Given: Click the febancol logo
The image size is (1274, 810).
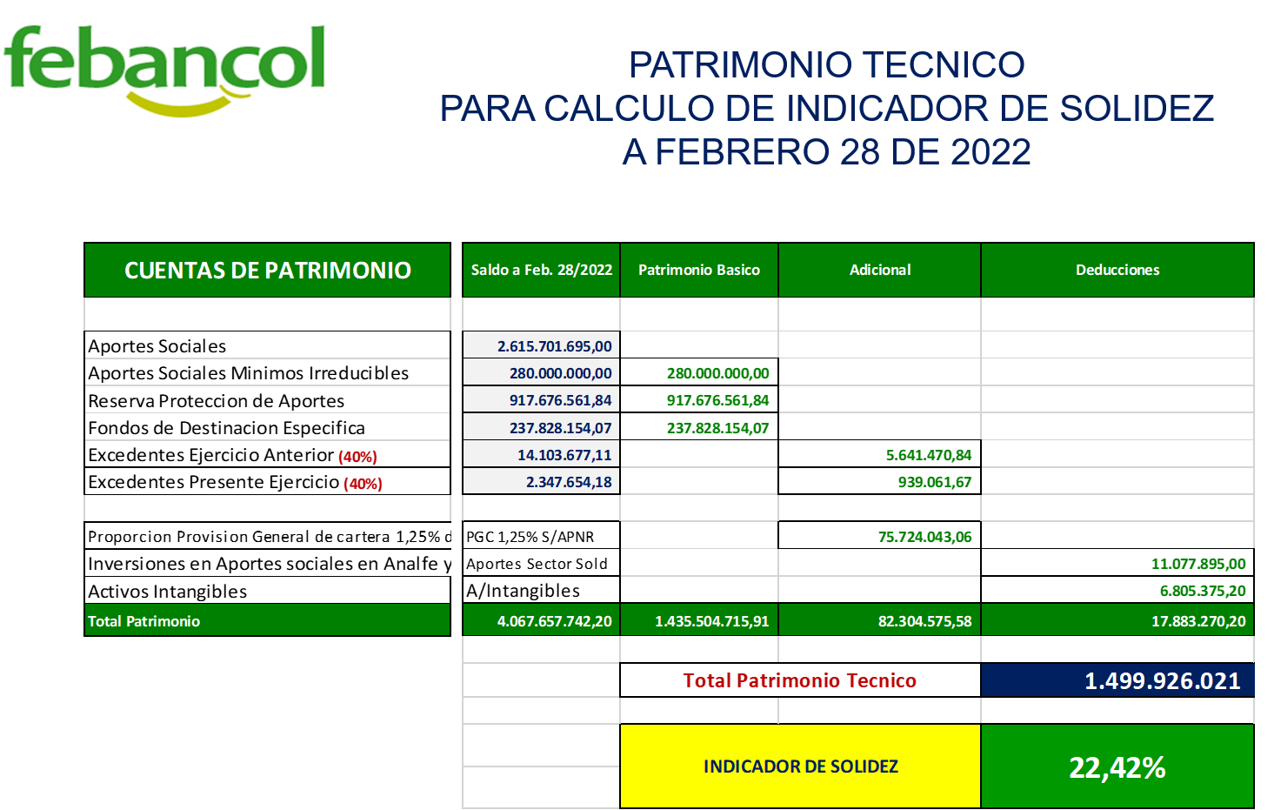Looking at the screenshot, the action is tap(165, 70).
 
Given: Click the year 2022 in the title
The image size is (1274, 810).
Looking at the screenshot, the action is tap(991, 152).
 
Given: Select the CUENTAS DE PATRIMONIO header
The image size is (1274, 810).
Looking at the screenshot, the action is tap(267, 271).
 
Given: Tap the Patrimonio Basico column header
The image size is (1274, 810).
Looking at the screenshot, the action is tap(699, 271).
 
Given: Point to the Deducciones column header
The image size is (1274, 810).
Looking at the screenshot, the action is tap(1117, 271).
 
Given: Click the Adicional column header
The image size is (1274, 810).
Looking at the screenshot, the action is tap(880, 271).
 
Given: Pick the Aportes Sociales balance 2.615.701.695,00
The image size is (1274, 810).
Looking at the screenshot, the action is tap(555, 346).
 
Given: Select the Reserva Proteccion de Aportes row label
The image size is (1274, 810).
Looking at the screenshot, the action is tap(217, 401).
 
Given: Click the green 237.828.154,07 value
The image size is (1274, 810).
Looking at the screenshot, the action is tap(717, 428).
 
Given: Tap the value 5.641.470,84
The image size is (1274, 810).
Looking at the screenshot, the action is tap(929, 455).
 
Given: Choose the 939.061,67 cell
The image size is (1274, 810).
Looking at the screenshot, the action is tap(935, 482).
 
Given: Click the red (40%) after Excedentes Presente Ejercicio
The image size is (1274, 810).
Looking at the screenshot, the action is tap(363, 484).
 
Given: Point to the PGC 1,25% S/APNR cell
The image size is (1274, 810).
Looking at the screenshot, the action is tap(530, 537).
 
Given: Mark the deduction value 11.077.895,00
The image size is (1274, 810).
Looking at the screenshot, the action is tap(1198, 564).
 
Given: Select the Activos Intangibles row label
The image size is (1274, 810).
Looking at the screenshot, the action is tap(167, 592).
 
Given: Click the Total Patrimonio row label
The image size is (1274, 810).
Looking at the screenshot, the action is tap(143, 621).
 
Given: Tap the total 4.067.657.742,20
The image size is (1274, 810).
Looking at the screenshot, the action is tap(555, 621).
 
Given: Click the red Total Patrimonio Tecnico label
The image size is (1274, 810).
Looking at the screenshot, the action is tap(800, 680).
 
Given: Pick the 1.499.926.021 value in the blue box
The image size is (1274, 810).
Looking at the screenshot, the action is tap(1163, 681).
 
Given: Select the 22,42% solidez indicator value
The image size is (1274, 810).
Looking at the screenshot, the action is tap(1117, 767).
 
